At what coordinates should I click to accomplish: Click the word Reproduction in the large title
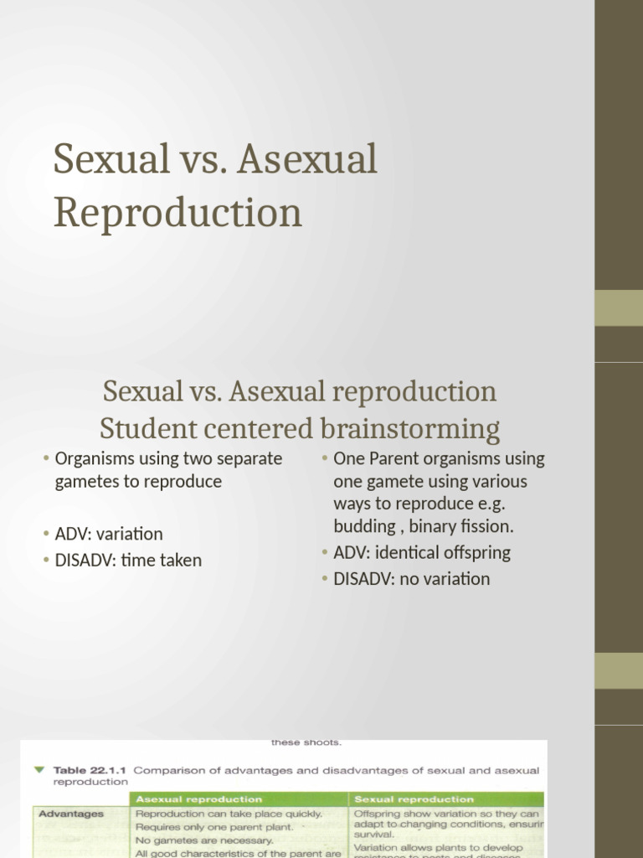coord(177,213)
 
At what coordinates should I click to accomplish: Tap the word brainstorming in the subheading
coord(409,429)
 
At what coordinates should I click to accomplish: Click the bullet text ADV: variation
coord(109,534)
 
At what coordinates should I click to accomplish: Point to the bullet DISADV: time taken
coord(128,561)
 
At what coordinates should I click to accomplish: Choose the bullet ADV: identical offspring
coord(421,552)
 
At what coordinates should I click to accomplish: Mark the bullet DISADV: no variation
coord(411,579)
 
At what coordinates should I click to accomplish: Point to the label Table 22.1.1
coord(90,769)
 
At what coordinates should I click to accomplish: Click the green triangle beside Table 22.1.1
coord(39,768)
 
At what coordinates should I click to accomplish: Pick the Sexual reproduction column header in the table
coord(414,799)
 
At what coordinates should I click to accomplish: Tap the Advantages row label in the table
coord(71,814)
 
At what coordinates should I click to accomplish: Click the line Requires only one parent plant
coord(214,827)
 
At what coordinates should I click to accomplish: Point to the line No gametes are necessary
coord(204,840)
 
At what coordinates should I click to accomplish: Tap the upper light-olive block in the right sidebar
coord(618,308)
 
